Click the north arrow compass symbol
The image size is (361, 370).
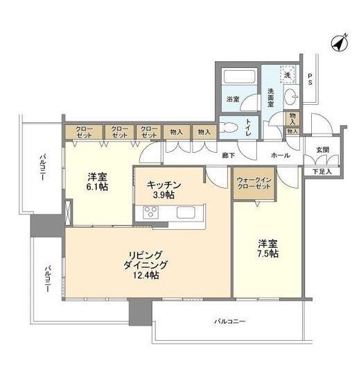click(x=337, y=42)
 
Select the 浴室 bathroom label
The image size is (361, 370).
click(x=233, y=99)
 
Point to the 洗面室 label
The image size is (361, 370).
click(x=271, y=99)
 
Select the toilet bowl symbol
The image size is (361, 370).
click(x=228, y=126)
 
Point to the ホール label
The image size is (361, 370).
click(x=281, y=155)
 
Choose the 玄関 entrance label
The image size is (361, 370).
click(x=323, y=150)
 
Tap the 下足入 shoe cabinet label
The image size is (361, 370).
click(x=322, y=171)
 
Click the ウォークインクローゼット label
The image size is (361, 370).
click(x=253, y=183)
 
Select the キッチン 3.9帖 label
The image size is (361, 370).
click(x=164, y=190)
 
